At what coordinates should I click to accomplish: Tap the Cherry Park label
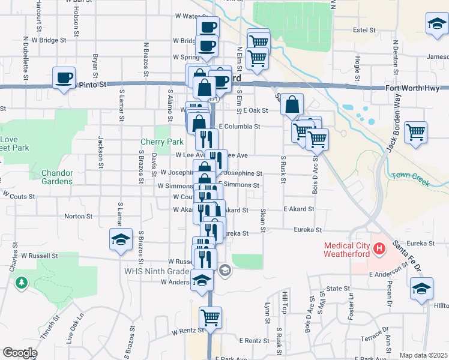(x=161, y=142)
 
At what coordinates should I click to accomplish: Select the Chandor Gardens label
(x=57, y=177)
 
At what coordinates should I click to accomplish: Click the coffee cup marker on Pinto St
(x=64, y=78)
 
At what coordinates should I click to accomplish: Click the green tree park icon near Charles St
(x=22, y=281)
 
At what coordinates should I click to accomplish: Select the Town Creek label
(x=411, y=178)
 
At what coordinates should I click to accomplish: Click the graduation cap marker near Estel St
(x=436, y=24)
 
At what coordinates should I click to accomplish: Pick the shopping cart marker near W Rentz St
(x=210, y=317)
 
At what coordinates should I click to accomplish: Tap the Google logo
(x=20, y=353)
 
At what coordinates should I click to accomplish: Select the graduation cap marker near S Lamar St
(x=121, y=240)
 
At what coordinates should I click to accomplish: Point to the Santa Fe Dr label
(x=405, y=255)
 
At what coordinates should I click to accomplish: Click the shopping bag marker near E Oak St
(x=292, y=104)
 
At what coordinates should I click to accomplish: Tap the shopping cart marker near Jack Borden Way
(x=415, y=132)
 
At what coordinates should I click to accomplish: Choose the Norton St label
(x=78, y=216)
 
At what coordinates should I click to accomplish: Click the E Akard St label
(x=299, y=209)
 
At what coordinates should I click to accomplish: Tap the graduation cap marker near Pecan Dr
(x=421, y=289)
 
